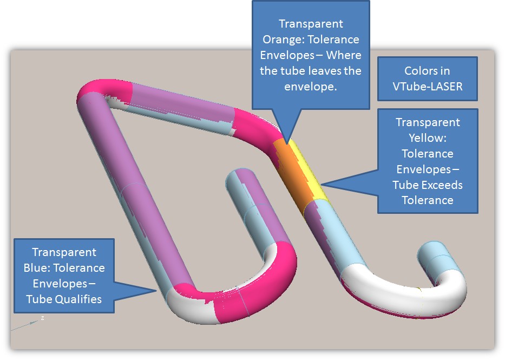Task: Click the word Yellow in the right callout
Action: pyautogui.click(x=428, y=138)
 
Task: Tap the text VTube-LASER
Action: pyautogui.click(x=428, y=86)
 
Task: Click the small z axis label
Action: pyautogui.click(x=42, y=318)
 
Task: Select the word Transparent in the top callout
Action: pyautogui.click(x=310, y=24)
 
